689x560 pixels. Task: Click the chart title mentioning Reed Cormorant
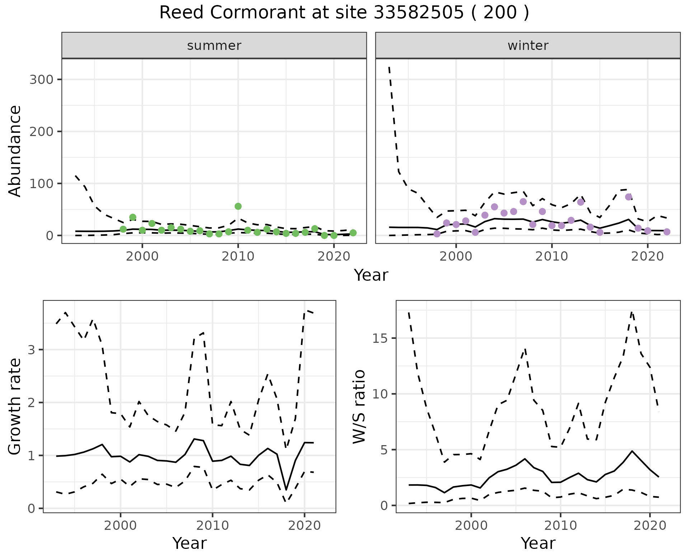(x=344, y=13)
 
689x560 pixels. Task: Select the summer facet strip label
(x=214, y=46)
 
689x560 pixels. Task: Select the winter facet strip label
(x=528, y=46)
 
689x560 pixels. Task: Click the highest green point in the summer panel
(x=238, y=206)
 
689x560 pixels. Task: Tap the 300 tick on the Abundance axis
(x=41, y=79)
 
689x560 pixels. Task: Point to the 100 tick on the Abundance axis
(x=41, y=183)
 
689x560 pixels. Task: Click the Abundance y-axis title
(x=15, y=151)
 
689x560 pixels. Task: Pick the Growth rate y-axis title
(x=15, y=406)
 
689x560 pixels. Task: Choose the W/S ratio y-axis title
(x=359, y=406)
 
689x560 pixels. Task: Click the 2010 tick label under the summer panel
(x=238, y=257)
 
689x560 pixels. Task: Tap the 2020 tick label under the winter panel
(x=648, y=257)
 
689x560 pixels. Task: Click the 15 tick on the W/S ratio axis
(x=381, y=339)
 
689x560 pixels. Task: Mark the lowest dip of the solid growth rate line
(x=286, y=490)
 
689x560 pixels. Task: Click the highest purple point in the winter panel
(x=628, y=197)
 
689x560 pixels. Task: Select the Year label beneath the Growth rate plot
(x=189, y=543)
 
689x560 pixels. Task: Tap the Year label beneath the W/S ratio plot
(x=538, y=543)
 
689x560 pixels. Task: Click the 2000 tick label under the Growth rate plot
(x=121, y=526)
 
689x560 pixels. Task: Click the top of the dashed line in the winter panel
(x=389, y=67)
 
